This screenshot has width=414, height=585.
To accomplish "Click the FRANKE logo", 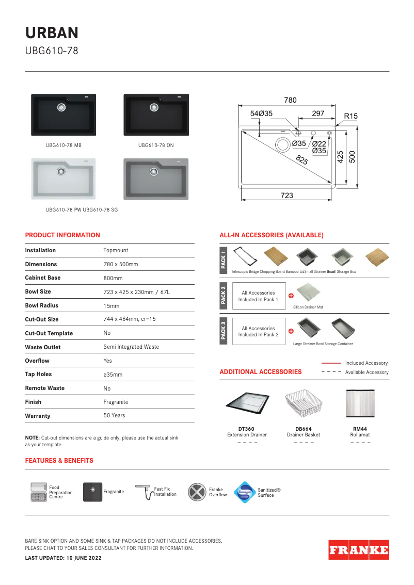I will coord(358,549).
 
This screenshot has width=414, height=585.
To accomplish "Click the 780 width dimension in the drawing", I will coord(290,100).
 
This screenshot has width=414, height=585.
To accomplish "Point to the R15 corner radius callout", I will coord(351,117).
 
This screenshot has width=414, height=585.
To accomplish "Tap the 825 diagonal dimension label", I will coord(302,161).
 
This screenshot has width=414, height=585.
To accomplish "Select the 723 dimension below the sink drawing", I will coord(287,196).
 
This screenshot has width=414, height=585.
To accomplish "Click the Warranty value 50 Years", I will coord(114,415).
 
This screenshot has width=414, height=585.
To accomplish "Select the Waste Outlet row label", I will coord(43,347).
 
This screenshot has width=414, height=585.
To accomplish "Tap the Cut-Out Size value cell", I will coord(130,319).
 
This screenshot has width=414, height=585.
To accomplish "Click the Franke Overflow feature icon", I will coord(197,492).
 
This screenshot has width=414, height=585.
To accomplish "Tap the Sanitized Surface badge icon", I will coord(245,492).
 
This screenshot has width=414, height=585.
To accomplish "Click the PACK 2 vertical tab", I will coord(224,296).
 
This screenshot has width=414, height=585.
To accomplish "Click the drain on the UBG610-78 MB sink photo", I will coord(62,107).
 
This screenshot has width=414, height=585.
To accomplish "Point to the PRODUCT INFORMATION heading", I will coord(62,235).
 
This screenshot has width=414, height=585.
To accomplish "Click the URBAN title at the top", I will coord(52,33).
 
